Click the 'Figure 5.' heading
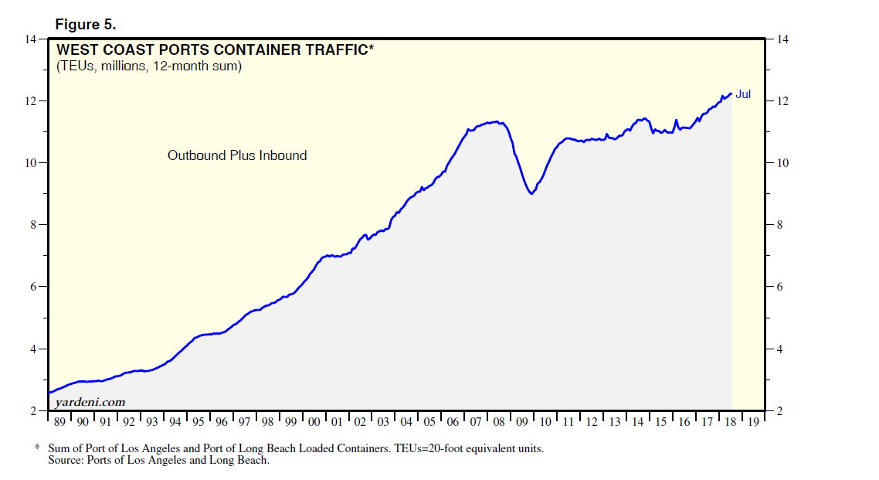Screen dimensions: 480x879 pyautogui.click(x=85, y=24)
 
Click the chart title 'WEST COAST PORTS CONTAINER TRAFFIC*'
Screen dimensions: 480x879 pyautogui.click(x=215, y=51)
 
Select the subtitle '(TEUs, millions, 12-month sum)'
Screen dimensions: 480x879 pyautogui.click(x=148, y=66)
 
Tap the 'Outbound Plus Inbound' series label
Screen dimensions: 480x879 pyautogui.click(x=237, y=155)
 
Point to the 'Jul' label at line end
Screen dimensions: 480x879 pyautogui.click(x=743, y=95)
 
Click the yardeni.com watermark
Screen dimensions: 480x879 pyautogui.click(x=90, y=402)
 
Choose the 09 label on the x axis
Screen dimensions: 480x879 pyautogui.click(x=522, y=422)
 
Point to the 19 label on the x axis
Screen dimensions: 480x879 pyautogui.click(x=753, y=422)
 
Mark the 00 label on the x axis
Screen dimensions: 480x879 pyautogui.click(x=314, y=422)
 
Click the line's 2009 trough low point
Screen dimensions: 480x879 pyautogui.click(x=531, y=194)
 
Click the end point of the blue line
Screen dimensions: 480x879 pyautogui.click(x=731, y=94)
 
